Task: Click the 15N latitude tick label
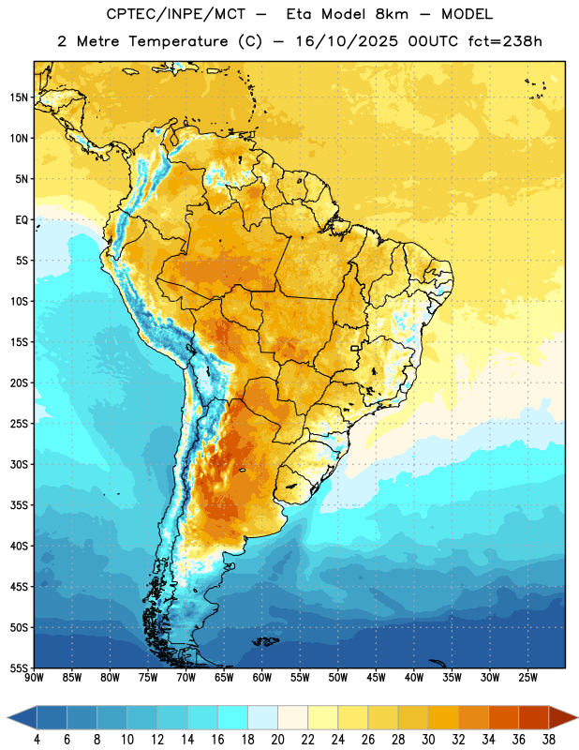(19, 97)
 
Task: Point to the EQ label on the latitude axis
(22, 220)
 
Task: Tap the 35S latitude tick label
(19, 505)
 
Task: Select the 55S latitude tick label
(19, 668)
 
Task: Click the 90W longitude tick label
(35, 677)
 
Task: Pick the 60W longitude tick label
(262, 677)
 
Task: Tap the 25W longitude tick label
(527, 677)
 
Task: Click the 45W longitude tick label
(376, 677)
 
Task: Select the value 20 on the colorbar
(277, 740)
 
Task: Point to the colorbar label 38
(549, 740)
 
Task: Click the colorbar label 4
(37, 740)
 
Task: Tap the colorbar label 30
(428, 740)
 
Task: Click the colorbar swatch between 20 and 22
(292, 717)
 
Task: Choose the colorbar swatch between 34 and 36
(503, 717)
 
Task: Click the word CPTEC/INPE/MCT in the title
(176, 15)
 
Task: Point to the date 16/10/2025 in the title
(347, 41)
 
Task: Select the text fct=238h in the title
(505, 41)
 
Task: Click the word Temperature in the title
(178, 42)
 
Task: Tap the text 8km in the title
(392, 15)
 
